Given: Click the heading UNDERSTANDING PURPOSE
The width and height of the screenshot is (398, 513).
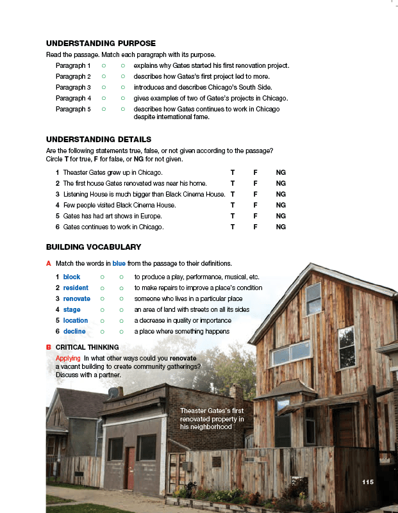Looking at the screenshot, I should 101,44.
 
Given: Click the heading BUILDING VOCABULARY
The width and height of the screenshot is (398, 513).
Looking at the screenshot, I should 94,247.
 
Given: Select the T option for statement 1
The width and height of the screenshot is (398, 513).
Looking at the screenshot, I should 233,173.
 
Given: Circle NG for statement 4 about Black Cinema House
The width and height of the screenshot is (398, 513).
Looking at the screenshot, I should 281,205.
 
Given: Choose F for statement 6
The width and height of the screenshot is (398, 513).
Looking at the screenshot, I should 255,227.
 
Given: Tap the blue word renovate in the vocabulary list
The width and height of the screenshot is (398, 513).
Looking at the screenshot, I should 77,298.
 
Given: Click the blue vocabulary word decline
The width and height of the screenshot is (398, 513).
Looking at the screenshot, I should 74,331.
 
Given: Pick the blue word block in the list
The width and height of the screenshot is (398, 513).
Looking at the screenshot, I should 72,277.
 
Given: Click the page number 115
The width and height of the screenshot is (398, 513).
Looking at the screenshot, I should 367,482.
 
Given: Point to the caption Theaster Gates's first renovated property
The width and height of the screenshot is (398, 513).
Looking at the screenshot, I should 212,418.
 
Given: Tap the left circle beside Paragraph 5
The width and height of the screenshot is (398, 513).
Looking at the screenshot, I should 104,110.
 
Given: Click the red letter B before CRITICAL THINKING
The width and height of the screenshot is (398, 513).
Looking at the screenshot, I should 49,347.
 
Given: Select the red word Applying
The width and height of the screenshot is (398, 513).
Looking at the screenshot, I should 68,357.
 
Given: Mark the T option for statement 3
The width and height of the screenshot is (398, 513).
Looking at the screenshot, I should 233,194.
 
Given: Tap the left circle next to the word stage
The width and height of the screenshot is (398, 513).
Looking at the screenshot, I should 102,309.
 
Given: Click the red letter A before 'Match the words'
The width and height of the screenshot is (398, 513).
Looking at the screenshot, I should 49,263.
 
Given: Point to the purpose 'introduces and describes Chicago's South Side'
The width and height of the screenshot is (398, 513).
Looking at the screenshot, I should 203,87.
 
